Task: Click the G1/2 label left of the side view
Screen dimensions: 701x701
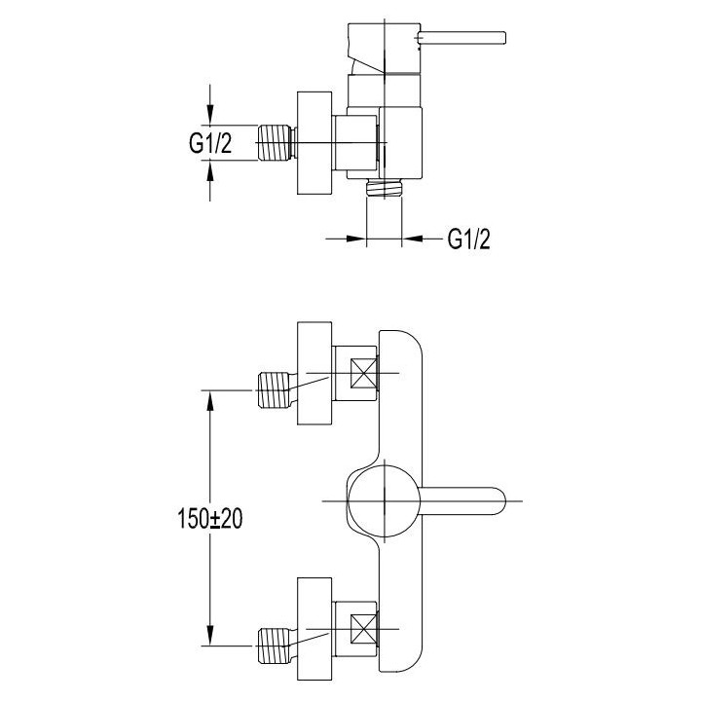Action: [x=210, y=145]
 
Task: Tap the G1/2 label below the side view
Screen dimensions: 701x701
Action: [x=468, y=238]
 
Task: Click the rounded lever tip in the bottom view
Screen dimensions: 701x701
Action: [x=498, y=500]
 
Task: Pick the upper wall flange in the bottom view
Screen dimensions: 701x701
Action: [x=314, y=375]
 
